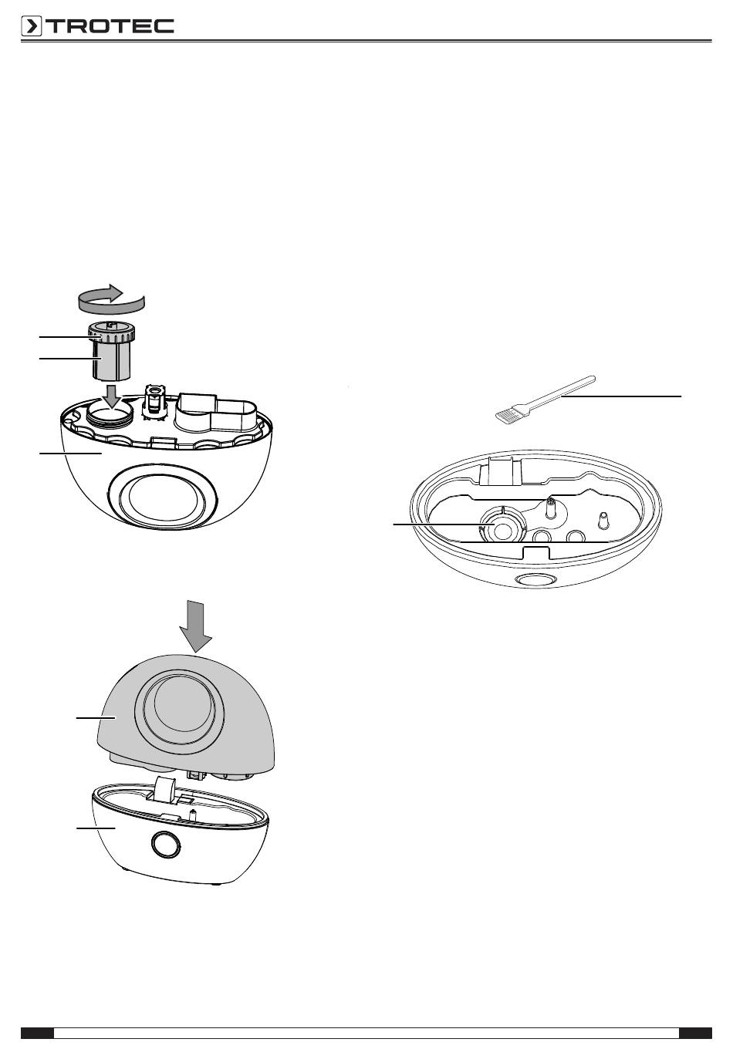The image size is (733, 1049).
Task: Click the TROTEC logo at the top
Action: (x=97, y=26)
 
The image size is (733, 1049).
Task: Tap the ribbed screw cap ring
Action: (x=111, y=333)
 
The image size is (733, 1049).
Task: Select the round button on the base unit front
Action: (x=166, y=844)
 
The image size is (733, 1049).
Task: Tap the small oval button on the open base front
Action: (x=535, y=580)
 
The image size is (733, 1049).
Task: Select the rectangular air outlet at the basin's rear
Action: (x=501, y=472)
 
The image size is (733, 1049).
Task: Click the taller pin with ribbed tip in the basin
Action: (x=551, y=508)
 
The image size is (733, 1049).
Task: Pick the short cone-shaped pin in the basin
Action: (x=603, y=520)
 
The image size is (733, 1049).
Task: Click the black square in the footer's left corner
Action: (x=37, y=1033)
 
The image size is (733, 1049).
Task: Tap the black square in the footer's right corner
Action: (x=695, y=1033)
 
